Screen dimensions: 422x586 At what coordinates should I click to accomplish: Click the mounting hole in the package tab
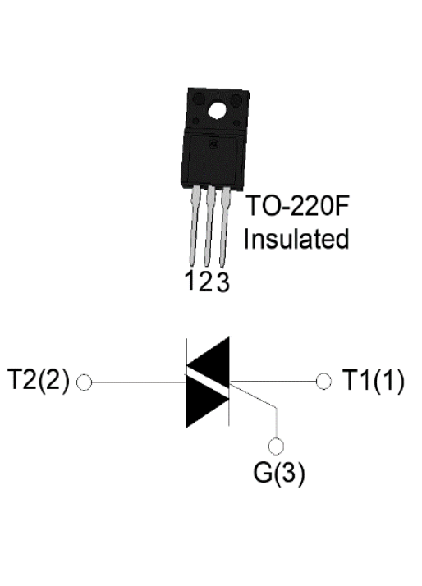tap(218, 111)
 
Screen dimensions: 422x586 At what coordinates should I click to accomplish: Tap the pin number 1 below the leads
tap(190, 280)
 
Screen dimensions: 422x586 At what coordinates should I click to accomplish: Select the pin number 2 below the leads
tap(206, 281)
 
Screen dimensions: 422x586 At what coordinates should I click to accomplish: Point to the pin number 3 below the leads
tap(222, 282)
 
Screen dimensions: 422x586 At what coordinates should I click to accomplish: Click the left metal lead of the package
tap(194, 226)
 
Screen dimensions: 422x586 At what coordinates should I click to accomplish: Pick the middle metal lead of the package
tap(209, 227)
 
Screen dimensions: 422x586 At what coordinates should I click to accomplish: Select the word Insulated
tap(296, 239)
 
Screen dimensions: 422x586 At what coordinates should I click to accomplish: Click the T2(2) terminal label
tap(39, 381)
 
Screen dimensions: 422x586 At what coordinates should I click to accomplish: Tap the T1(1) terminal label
tap(374, 381)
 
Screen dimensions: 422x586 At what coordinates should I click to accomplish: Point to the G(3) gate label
tap(279, 473)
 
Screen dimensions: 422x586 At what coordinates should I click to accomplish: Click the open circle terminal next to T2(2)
tap(84, 382)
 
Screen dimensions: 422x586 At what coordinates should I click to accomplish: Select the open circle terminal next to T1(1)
tap(323, 382)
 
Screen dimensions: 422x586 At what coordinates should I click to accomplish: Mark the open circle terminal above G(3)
tap(276, 446)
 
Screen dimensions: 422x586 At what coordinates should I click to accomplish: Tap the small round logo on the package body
tap(213, 144)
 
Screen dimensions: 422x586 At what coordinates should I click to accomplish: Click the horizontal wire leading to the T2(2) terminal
tap(139, 382)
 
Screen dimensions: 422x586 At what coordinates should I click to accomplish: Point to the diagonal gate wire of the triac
tap(254, 395)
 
